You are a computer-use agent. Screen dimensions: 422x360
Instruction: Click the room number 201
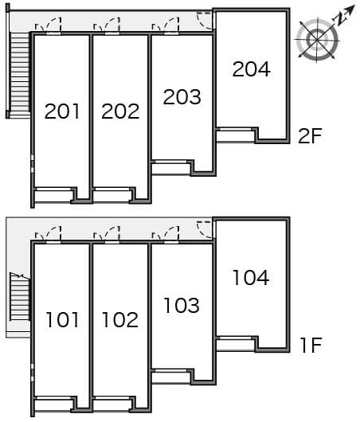62,111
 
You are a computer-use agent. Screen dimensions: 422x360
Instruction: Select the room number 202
120,111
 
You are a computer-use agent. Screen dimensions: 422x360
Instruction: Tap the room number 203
182,97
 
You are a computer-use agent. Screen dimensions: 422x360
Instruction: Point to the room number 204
251,69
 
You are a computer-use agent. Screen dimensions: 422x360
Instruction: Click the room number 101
62,320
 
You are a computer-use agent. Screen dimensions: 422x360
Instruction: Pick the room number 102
120,320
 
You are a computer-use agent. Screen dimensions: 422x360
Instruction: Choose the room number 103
182,305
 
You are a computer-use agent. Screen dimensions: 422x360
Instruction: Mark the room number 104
251,278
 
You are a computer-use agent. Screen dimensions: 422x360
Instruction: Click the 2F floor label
310,136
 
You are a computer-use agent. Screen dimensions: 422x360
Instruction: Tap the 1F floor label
310,346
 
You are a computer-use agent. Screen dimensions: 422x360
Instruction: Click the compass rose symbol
317,38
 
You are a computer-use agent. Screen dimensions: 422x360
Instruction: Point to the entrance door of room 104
206,229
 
